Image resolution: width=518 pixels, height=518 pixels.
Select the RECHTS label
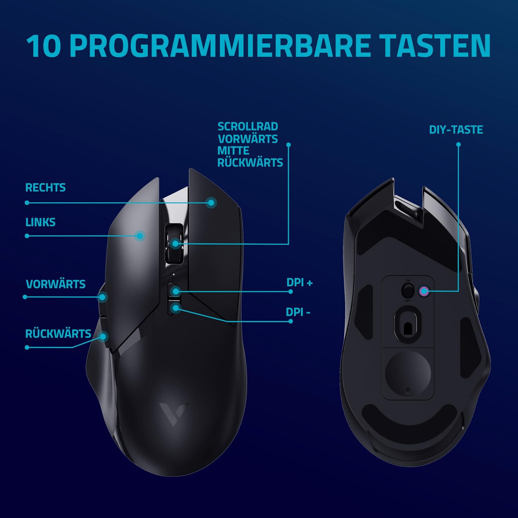pos(45,188)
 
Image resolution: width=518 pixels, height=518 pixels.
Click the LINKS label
pos(40,222)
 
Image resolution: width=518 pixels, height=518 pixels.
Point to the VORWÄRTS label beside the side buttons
pos(56,284)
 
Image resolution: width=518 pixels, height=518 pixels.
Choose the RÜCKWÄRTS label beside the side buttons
pos(58,334)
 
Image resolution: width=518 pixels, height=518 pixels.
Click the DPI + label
pos(299,282)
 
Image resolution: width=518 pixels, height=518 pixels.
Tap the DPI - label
pos(298,312)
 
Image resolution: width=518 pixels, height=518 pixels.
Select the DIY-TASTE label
pos(456,130)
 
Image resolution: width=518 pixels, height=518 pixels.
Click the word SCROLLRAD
pos(248,126)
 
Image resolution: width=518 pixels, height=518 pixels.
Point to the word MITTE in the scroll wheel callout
pos(233,151)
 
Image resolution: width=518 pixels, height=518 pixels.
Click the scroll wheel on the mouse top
pos(174,243)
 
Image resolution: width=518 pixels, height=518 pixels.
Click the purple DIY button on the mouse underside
pos(424,291)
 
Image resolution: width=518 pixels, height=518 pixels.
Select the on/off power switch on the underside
pos(408,290)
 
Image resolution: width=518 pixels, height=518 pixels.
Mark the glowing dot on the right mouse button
pos(211,202)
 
